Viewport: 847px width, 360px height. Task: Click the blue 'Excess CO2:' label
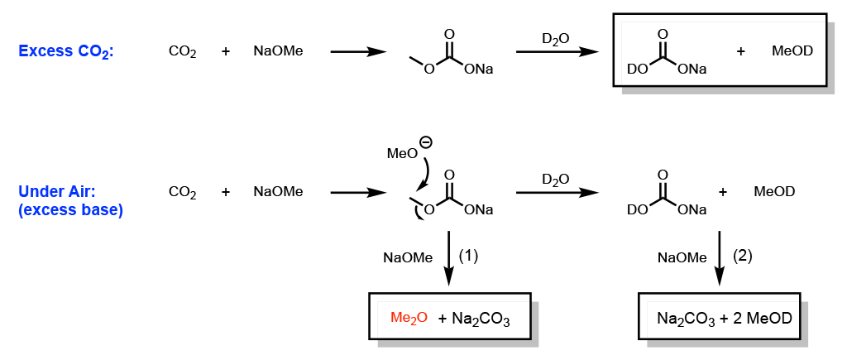tap(66, 51)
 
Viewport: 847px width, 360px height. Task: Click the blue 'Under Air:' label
tap(57, 192)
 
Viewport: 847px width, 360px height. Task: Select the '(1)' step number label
tap(469, 256)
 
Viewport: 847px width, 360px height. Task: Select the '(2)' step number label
tap(743, 256)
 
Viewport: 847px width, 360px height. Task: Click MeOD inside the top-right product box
tap(792, 51)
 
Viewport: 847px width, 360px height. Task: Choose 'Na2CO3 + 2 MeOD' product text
tap(719, 319)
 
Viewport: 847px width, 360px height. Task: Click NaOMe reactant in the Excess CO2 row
tap(278, 51)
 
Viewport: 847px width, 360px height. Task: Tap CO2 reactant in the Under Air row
tap(182, 192)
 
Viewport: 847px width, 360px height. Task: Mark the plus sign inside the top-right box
tap(740, 51)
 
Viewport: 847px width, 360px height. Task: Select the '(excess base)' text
tap(70, 210)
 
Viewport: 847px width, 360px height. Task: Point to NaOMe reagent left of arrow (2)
tap(682, 257)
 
